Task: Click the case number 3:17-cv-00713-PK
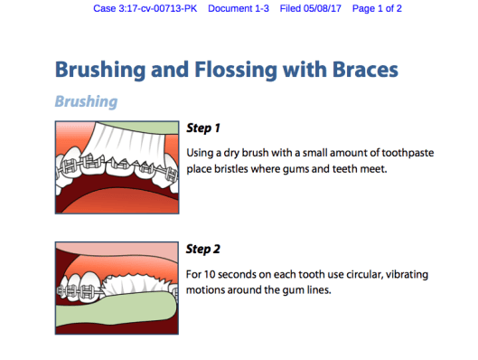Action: point(157,8)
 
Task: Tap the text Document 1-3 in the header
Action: point(239,8)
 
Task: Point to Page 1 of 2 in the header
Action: point(377,8)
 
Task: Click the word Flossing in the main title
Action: point(236,71)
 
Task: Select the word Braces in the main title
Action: point(365,70)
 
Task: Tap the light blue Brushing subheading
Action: point(86,101)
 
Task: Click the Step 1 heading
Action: point(203,128)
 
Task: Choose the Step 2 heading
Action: point(203,250)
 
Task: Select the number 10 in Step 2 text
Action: point(210,274)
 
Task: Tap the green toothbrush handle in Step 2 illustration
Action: point(116,309)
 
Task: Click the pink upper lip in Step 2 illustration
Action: point(117,250)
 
